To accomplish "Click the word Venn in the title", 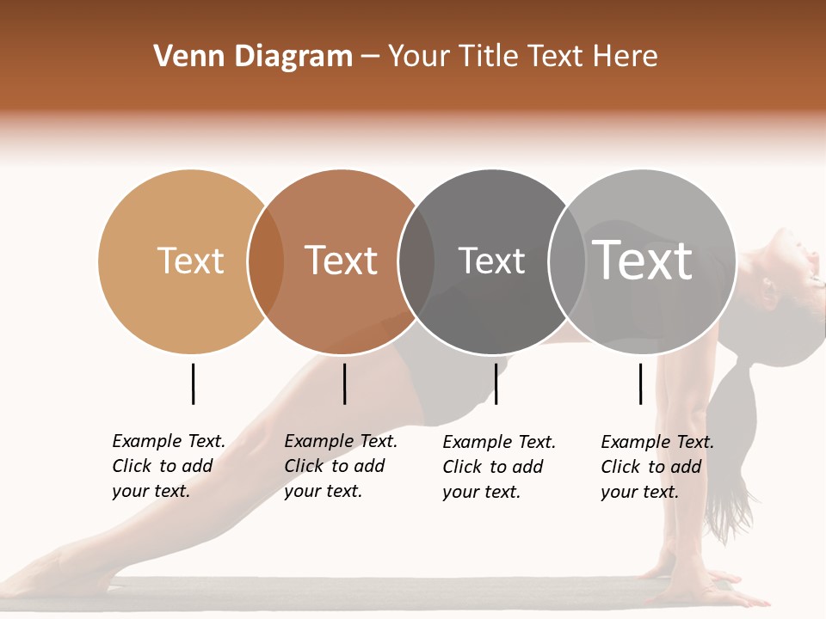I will tap(182, 57).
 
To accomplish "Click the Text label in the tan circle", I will tap(190, 260).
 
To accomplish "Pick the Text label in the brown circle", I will tap(341, 260).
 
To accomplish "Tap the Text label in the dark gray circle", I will tap(491, 260).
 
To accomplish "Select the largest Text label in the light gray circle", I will tap(642, 260).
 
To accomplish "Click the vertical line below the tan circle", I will tap(193, 383).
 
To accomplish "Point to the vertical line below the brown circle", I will tap(344, 383).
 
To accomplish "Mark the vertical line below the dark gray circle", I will tap(496, 383).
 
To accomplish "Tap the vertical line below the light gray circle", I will tap(640, 383).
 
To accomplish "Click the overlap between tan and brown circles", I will tap(266, 261).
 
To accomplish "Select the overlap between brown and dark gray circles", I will tap(416, 261).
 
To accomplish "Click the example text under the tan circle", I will tap(169, 466).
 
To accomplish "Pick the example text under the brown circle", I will tap(341, 466).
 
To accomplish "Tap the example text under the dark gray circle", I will tap(499, 467).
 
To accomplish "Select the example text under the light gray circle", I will tap(657, 467).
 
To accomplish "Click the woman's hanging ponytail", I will tap(731, 447).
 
